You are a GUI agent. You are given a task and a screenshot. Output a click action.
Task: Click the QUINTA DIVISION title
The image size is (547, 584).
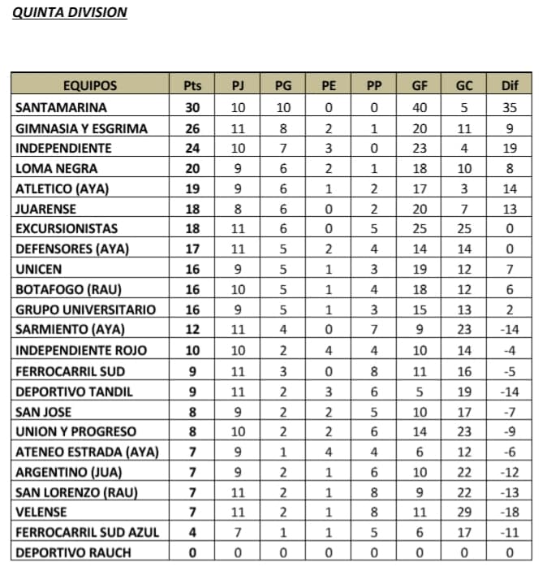70,13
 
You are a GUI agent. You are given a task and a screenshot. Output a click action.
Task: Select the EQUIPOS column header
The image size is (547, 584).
89,86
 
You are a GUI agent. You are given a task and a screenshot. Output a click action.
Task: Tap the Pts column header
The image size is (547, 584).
192,86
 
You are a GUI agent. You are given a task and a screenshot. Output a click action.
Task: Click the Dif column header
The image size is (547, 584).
510,86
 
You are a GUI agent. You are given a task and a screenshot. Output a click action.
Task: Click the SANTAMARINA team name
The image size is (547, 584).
62,106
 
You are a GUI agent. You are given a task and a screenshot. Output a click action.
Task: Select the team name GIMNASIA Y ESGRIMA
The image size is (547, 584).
81,128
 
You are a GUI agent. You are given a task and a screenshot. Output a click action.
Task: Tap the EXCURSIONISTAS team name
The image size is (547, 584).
67,229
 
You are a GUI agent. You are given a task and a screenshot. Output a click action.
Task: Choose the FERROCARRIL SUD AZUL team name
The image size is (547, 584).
87,533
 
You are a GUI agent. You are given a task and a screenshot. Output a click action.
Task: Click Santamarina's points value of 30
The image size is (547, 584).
192,106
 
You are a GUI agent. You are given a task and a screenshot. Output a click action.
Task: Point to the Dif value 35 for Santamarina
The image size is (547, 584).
510,106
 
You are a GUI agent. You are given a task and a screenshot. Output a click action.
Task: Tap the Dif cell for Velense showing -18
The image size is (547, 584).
510,513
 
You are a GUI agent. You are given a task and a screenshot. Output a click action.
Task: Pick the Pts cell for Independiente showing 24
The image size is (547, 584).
192,148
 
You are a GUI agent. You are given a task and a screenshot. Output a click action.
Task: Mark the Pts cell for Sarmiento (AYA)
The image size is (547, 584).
192,330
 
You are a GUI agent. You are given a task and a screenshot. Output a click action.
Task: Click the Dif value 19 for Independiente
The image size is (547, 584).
510,148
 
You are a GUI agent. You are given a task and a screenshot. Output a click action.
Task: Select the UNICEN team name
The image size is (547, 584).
38,269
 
